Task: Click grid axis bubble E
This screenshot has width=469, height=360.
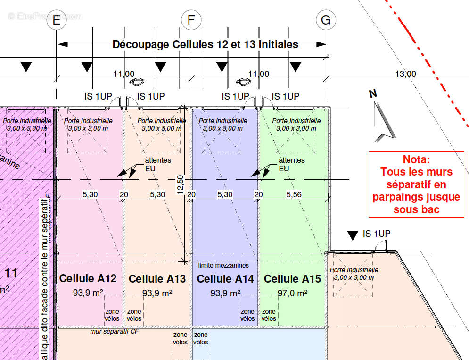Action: click(57, 20)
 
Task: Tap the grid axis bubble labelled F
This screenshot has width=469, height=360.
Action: click(191, 20)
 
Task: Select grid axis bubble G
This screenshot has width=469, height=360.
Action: click(326, 20)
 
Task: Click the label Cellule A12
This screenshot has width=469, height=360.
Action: click(88, 279)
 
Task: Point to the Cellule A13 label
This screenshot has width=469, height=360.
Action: click(157, 279)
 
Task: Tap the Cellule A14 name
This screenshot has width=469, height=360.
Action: click(225, 279)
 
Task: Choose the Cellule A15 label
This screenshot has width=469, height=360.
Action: click(292, 279)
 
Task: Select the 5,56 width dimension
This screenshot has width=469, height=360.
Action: click(294, 194)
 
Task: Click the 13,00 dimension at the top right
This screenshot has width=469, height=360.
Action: click(405, 74)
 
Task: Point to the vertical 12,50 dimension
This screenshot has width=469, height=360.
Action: click(180, 184)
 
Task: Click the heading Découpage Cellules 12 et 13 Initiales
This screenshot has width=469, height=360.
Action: click(205, 44)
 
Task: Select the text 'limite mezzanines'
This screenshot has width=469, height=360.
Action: click(223, 266)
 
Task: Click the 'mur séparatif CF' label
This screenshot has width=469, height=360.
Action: click(115, 331)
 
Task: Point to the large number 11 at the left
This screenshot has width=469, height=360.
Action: click(11, 273)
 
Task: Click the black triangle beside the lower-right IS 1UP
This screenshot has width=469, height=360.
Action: click(352, 234)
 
